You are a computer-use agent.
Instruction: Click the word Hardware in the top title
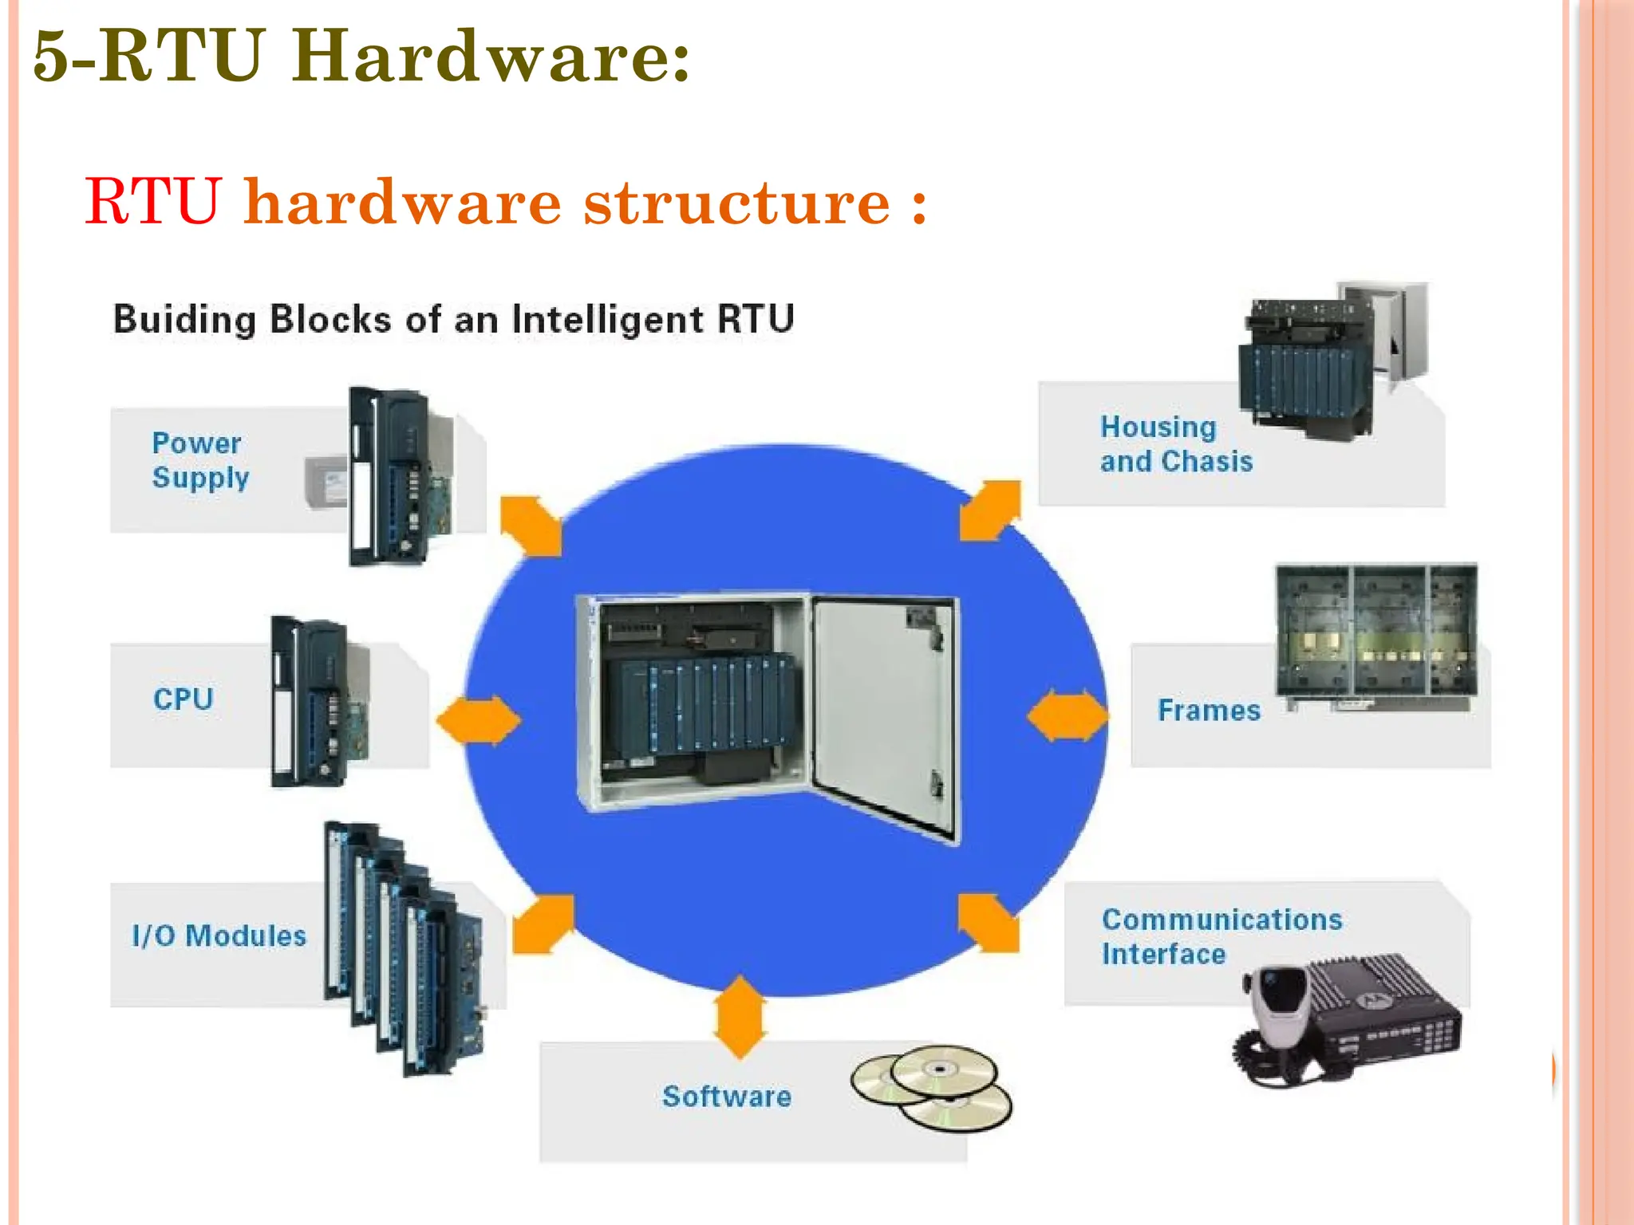(x=490, y=56)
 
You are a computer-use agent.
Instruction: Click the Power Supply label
(x=199, y=459)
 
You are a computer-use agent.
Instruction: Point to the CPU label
(x=183, y=699)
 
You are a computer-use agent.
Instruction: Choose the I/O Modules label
(x=219, y=935)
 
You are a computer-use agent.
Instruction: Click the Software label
(x=726, y=1097)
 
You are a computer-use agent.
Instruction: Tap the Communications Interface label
(x=1221, y=936)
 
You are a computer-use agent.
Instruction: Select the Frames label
(x=1209, y=710)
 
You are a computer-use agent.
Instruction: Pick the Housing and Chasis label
(x=1175, y=444)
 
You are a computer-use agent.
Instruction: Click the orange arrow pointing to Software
(x=740, y=1016)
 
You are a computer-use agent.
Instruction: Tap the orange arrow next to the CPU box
(x=479, y=720)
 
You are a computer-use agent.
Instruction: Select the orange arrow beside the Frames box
(x=1067, y=715)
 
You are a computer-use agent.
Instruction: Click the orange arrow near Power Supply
(x=531, y=526)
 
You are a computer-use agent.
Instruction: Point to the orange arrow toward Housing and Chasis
(x=990, y=510)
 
